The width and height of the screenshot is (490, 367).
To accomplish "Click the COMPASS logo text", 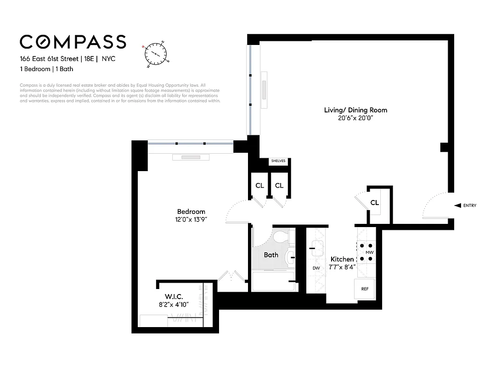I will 73,42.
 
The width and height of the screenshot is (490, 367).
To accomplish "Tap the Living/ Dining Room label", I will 355,110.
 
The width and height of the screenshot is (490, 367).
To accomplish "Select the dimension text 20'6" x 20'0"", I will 355,118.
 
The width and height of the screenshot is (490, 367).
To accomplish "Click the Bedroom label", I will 191,211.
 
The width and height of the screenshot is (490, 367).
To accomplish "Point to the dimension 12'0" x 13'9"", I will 191,219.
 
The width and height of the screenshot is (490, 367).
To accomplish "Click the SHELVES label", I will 278,161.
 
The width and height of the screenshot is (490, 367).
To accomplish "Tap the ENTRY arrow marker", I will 457,206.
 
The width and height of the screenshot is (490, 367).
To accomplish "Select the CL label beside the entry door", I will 374,203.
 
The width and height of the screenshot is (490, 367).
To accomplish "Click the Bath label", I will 271,255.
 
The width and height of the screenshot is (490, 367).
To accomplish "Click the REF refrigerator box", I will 365,289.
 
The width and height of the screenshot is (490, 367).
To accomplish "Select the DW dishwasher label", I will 315,268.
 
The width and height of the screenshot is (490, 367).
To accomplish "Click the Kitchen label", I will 342,259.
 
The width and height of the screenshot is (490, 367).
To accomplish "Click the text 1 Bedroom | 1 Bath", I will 46,69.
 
